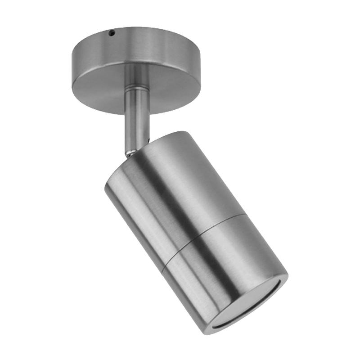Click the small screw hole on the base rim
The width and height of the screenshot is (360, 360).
click(x=112, y=32)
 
